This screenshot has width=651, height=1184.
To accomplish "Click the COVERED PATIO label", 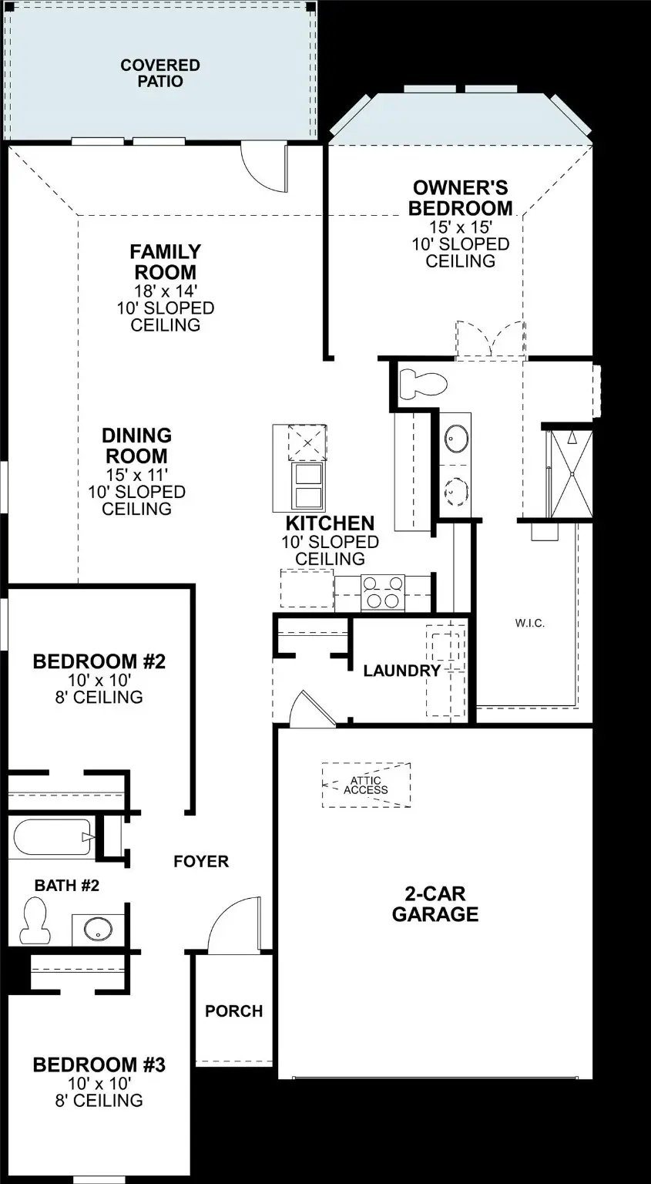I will point(160,72).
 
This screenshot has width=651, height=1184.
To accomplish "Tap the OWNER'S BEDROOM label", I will point(460,198).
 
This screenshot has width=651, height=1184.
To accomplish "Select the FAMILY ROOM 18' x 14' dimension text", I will point(165,291).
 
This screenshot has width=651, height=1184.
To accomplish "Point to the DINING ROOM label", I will point(136,446).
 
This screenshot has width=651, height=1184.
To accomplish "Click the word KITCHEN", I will point(330,523).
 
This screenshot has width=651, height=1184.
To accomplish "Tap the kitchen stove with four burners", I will point(382,593).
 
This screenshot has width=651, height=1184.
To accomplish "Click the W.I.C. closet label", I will point(530,623).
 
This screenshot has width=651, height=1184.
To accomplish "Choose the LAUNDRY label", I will point(401,671).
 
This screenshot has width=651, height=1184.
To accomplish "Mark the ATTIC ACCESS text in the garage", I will point(365,785).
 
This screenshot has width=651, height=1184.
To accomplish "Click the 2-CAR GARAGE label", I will point(435,904).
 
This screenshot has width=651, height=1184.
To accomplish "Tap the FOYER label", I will point(201,861).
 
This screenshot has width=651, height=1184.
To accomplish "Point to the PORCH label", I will point(233,1011).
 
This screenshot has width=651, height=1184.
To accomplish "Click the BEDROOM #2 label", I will point(99,661).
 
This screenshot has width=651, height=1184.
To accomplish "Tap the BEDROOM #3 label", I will point(99,1065).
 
